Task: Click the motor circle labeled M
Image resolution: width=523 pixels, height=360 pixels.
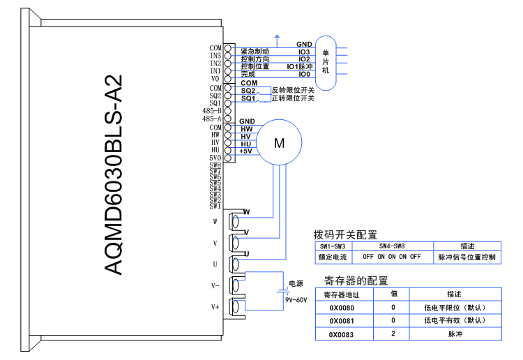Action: [280, 143]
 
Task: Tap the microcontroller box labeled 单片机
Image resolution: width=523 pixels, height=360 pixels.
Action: [326, 63]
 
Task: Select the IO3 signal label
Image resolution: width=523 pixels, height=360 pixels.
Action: [304, 52]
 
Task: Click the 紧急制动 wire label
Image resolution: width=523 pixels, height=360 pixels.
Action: [255, 52]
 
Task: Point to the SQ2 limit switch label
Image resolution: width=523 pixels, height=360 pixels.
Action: [248, 91]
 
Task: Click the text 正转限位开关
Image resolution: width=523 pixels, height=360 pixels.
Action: [293, 98]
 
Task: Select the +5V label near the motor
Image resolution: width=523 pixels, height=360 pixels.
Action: [246, 151]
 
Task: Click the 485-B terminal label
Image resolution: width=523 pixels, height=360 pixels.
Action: [211, 111]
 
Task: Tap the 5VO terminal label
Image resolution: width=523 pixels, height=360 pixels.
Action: [215, 158]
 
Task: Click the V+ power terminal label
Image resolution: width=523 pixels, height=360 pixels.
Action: [215, 306]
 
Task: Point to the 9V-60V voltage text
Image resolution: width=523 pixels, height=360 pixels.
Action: [296, 300]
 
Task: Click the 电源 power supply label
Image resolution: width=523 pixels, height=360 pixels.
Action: [296, 284]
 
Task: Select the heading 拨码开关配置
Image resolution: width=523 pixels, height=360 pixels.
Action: [345, 234]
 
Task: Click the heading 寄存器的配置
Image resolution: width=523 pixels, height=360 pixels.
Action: [356, 280]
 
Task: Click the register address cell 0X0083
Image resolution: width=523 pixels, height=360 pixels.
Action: [337, 335]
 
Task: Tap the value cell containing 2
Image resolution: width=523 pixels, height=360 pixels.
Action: [393, 335]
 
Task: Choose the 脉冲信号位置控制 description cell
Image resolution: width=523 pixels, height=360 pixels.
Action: [467, 257]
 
